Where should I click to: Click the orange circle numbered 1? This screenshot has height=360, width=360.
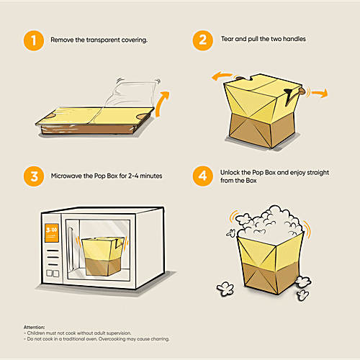pos(34,40)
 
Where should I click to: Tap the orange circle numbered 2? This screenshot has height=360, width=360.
pos(203,40)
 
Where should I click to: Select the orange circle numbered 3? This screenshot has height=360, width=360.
pos(34,176)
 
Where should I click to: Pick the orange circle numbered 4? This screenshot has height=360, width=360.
pos(203,176)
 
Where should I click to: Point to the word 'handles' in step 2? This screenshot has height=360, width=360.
pos(294,39)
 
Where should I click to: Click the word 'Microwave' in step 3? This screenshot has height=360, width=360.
pos(66,176)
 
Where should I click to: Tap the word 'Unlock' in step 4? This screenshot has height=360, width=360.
pos(230,172)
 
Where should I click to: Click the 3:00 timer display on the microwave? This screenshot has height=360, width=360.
pos(52,233)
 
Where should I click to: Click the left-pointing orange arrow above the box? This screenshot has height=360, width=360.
pos(221,76)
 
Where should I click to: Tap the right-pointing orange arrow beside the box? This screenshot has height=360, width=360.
pos(320,93)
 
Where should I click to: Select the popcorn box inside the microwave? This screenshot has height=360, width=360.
pos(103,256)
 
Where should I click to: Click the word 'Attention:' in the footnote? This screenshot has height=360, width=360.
pos(34,327)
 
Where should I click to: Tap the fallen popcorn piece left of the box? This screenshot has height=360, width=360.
pos(225,289)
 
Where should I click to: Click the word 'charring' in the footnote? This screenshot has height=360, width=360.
pos(160,339)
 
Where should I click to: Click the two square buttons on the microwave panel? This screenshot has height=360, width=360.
pos(53,274)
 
